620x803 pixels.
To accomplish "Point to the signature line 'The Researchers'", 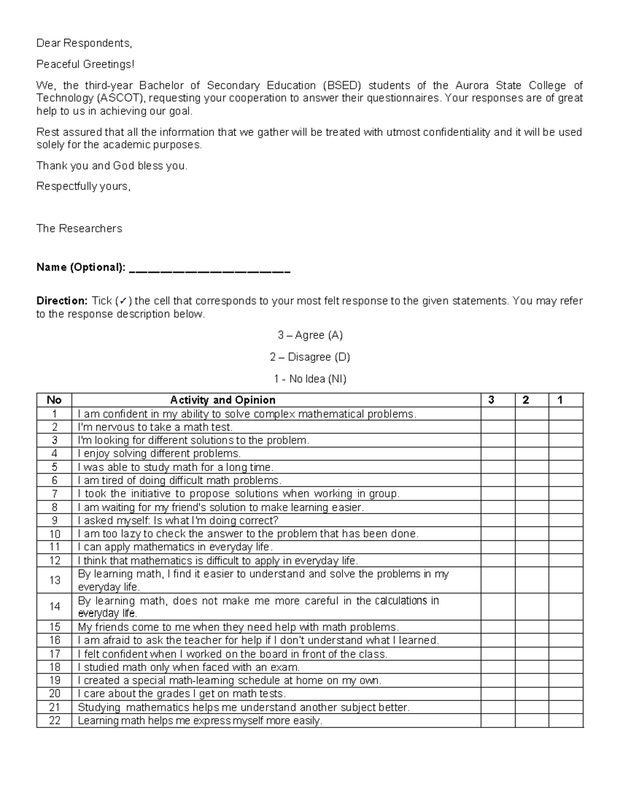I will (79, 229).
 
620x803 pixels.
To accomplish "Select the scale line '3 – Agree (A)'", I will (310, 336).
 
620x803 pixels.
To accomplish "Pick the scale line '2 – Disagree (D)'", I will (310, 357).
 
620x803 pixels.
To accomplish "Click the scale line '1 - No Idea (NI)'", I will (310, 379).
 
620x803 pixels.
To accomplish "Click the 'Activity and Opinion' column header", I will (223, 400).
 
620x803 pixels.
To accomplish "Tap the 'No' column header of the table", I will (54, 400).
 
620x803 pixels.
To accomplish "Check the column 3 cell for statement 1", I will (498, 414).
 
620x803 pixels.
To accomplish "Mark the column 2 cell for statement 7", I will (532, 494).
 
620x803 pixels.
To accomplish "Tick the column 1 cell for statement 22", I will (566, 721).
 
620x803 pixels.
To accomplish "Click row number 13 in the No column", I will (55, 580).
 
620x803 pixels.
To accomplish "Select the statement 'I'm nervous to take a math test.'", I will (155, 427).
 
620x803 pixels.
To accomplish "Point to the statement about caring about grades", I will (181, 694).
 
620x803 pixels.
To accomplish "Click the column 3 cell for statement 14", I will (498, 607).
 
